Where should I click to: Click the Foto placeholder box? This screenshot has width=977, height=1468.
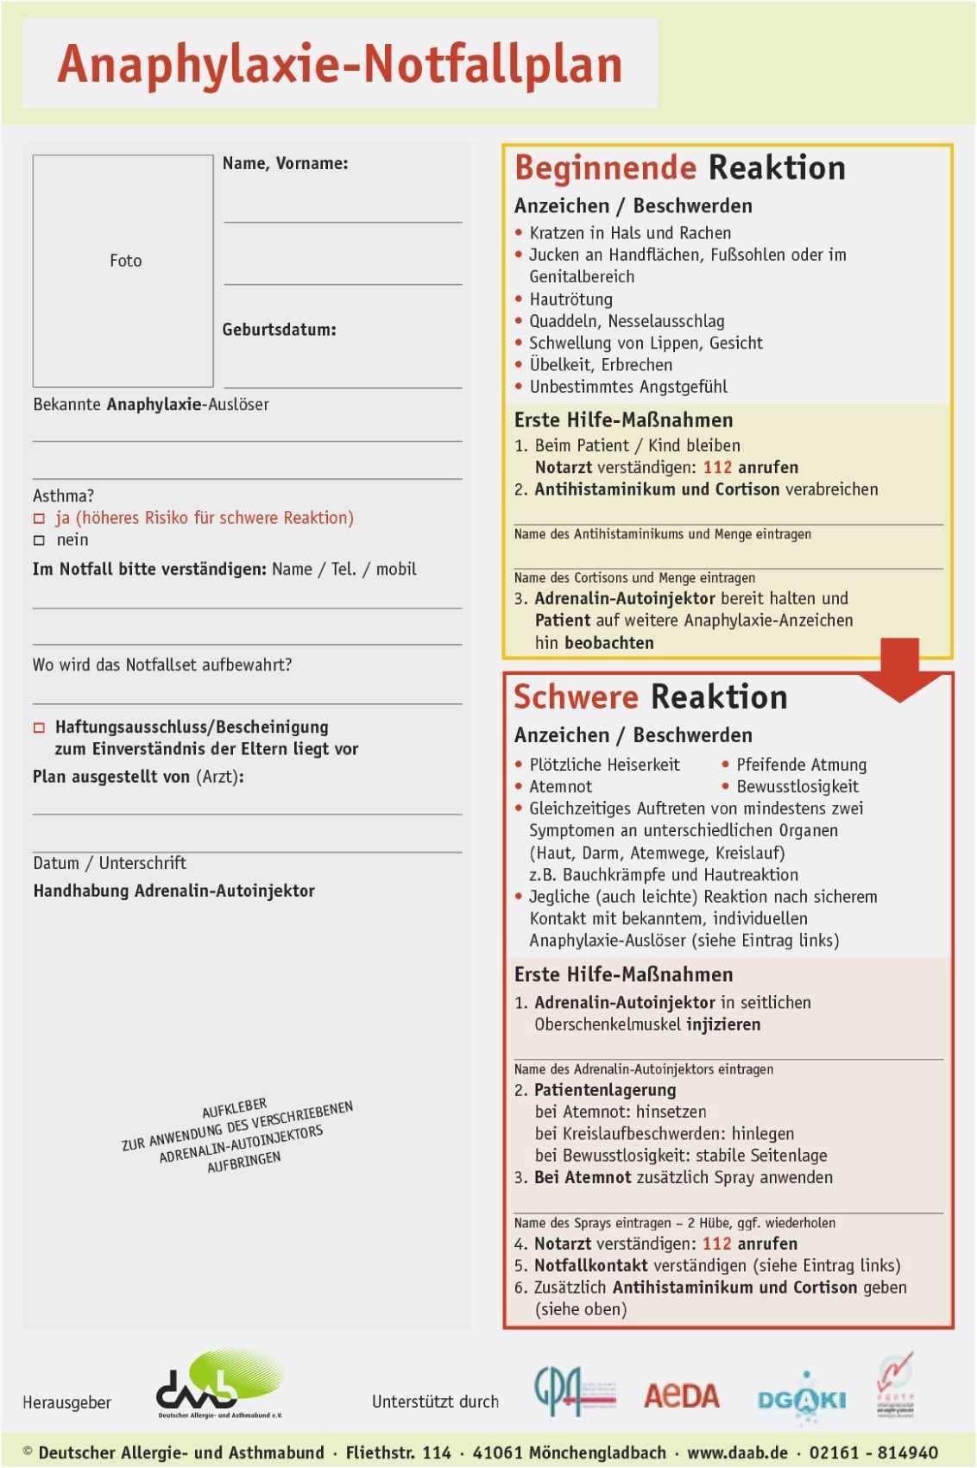tap(123, 270)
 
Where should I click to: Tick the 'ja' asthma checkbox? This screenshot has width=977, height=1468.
tap(39, 519)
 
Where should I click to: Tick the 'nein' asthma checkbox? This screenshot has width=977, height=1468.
tap(39, 540)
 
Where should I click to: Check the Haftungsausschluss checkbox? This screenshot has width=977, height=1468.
tap(39, 728)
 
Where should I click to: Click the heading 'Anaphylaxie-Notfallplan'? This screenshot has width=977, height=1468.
tap(340, 65)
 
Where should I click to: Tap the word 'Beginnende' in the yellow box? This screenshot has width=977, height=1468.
tap(605, 167)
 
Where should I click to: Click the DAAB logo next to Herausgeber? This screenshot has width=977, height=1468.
tap(220, 1384)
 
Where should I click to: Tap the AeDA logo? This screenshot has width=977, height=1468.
tap(681, 1396)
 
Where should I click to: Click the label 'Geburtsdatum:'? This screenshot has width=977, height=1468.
tap(279, 330)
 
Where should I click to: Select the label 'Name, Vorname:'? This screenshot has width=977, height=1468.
tap(285, 163)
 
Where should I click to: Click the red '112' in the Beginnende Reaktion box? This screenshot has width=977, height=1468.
tap(717, 468)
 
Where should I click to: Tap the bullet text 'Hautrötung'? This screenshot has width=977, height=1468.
tap(570, 299)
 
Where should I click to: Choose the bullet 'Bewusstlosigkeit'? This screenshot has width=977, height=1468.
tap(797, 786)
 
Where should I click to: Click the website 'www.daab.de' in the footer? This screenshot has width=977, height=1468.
tap(737, 1452)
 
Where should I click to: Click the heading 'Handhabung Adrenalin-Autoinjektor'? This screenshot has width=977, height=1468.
tap(173, 891)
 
